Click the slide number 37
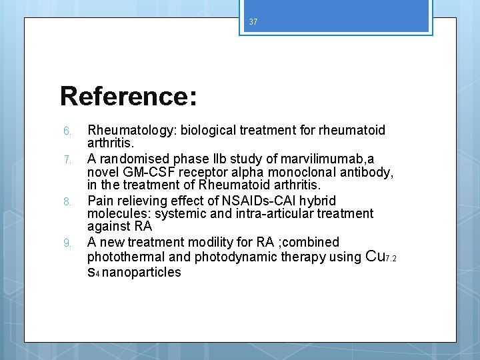click(x=253, y=22)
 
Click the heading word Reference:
click(x=129, y=96)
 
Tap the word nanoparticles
click(x=142, y=272)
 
